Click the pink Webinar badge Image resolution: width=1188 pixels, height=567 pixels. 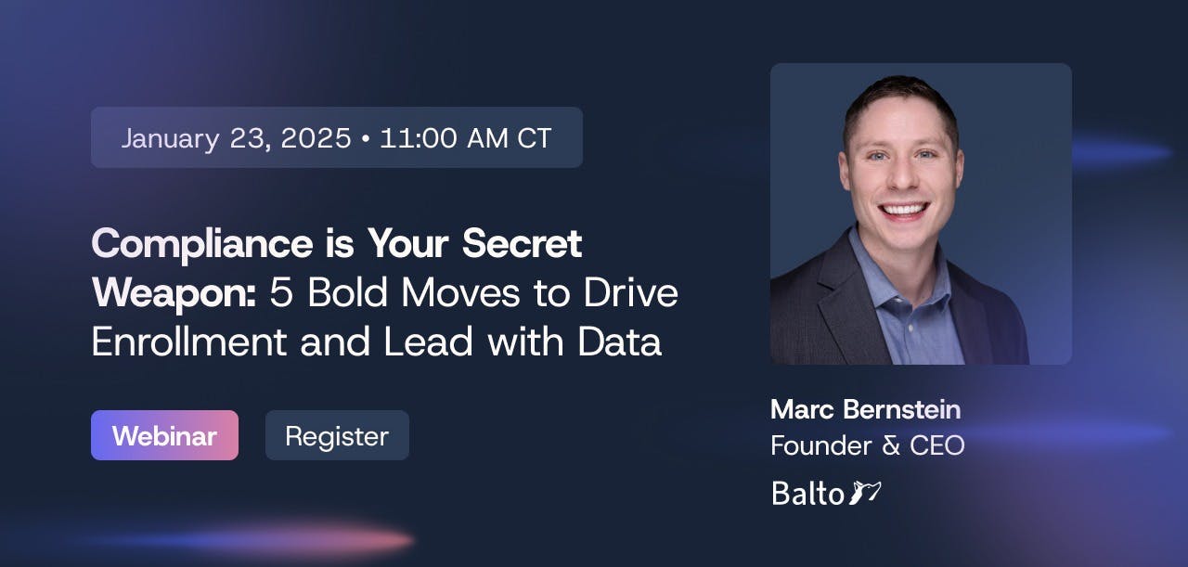(164, 435)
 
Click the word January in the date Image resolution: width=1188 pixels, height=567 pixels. (170, 139)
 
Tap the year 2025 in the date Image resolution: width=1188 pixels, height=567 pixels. (316, 138)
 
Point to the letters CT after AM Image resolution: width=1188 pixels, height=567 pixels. (534, 138)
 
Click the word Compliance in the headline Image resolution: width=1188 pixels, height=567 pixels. (202, 244)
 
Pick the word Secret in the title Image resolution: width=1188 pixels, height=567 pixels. (522, 243)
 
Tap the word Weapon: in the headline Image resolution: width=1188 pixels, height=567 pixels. (174, 293)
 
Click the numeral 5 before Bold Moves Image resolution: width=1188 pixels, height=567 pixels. (281, 293)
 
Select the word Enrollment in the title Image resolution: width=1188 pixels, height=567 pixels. (189, 341)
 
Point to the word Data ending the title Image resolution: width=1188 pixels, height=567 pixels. (619, 341)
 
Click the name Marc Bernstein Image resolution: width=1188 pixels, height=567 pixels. (866, 409)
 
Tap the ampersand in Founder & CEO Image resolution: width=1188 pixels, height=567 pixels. (891, 445)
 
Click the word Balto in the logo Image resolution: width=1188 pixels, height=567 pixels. (807, 493)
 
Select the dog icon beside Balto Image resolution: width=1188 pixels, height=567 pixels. (865, 492)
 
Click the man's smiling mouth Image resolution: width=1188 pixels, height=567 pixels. (904, 210)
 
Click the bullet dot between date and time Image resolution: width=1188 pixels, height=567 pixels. (365, 139)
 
